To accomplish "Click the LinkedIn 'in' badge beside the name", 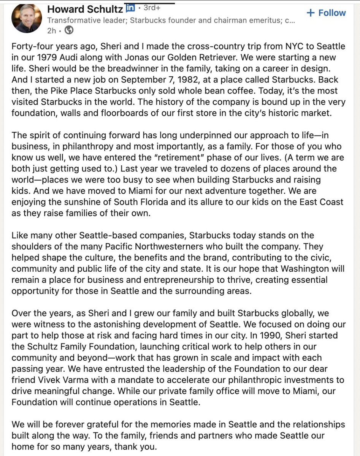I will pos(130,8).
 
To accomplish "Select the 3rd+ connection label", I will pos(152,8).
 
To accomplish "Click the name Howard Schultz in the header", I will pos(85,9).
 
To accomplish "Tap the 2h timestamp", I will pos(52,30).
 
